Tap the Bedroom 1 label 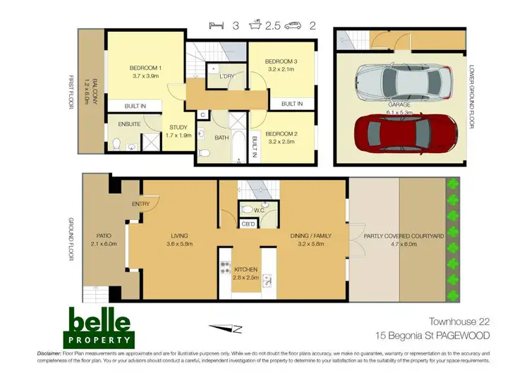(x=146, y=68)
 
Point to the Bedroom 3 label (x=281, y=62)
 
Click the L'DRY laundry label (x=226, y=76)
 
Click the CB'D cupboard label (x=248, y=224)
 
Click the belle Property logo (x=99, y=326)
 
